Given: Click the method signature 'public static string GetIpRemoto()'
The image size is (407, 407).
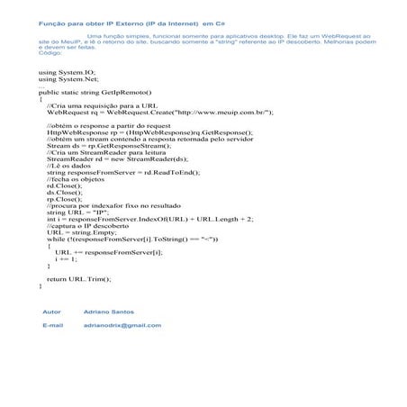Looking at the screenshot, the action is [x=95, y=92].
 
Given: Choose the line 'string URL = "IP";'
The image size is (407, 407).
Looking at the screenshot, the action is [x=77, y=211].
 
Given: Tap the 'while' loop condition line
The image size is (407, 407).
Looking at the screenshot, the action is [x=131, y=239].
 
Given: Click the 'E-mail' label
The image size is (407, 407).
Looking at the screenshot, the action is [x=52, y=324].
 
